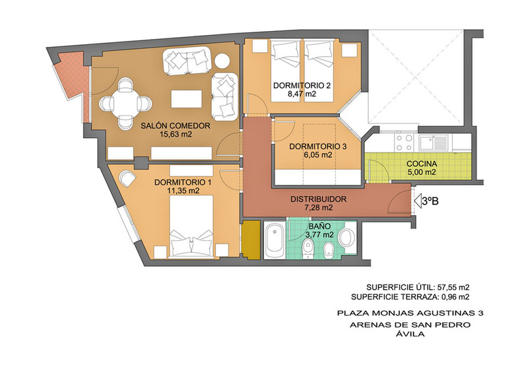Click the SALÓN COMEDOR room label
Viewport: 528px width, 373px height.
pos(176,126)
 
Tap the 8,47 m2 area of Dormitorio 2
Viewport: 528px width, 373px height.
pos(302,94)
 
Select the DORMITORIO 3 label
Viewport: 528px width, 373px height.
pos(318,147)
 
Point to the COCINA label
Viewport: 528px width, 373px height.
pos(422,164)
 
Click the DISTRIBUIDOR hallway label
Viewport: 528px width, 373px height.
pos(318,199)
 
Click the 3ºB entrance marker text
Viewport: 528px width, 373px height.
pos(430,201)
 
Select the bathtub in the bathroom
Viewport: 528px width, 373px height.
pos(275,240)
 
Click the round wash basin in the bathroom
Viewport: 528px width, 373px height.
pos(346,237)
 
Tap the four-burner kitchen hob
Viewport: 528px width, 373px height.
pos(404,143)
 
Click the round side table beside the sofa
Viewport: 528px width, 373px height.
pos(222,61)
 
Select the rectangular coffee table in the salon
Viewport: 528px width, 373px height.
pos(187,99)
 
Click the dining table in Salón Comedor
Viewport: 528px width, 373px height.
pos(125,103)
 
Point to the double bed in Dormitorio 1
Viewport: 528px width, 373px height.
pos(191,226)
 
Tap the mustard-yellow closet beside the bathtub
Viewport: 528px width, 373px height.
pos(251,240)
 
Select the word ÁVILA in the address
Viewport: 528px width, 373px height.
pos(411,334)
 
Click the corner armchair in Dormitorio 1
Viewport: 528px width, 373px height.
pos(127,179)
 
